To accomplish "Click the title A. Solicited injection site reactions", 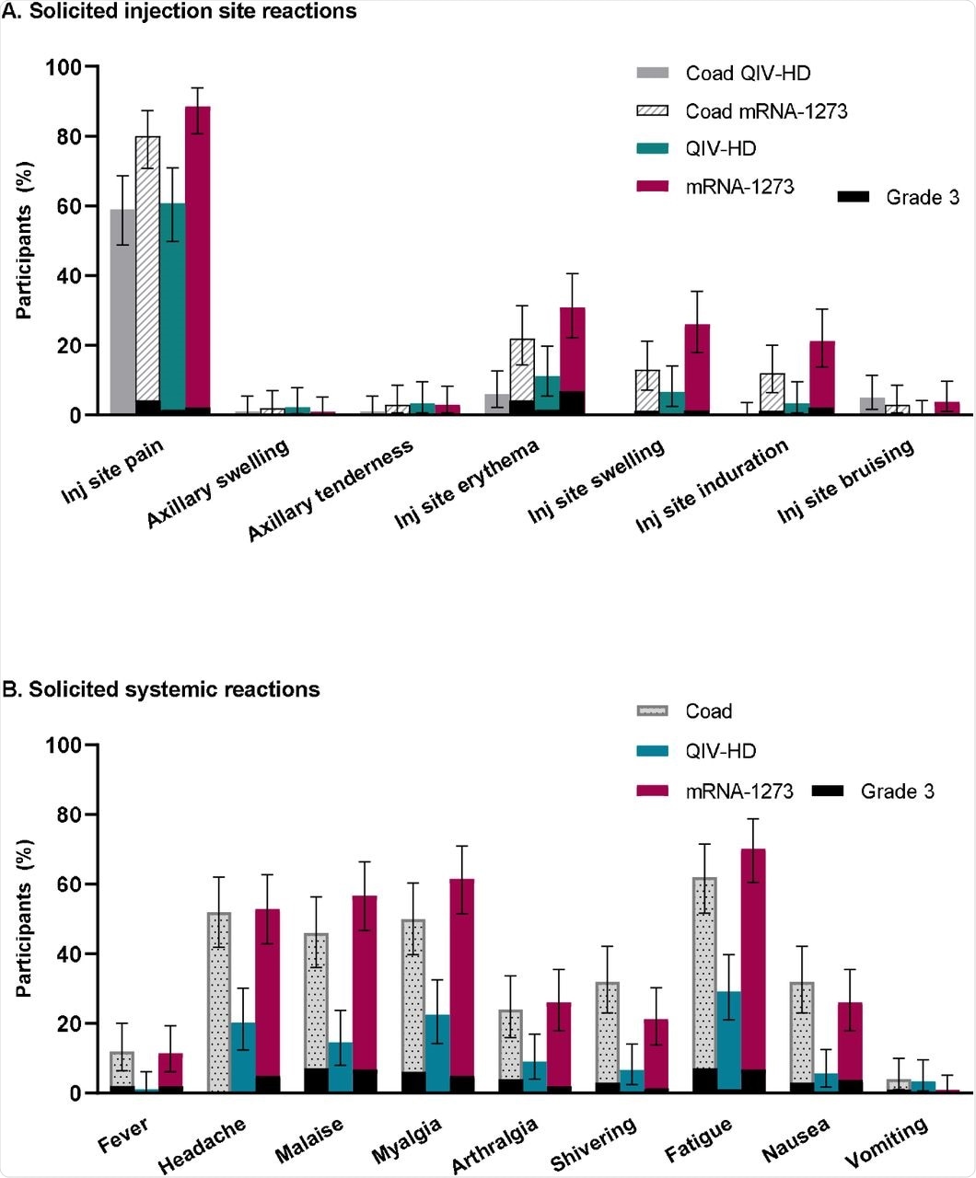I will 180,12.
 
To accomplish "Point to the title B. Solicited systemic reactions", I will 162,689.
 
